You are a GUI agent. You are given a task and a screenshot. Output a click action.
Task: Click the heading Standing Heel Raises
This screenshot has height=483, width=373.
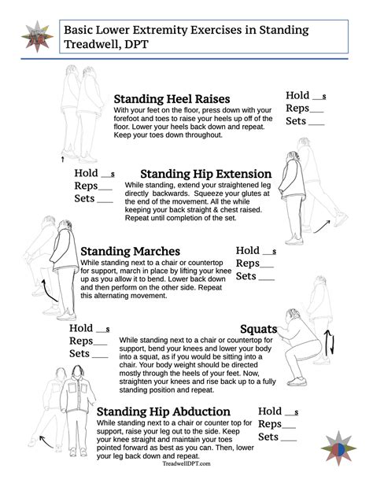click(172, 99)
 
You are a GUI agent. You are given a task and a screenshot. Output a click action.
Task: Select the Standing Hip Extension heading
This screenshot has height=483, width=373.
click(205, 174)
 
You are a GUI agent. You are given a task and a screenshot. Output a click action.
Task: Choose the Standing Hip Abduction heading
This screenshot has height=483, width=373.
click(164, 411)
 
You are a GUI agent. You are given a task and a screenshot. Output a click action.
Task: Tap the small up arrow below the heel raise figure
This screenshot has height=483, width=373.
click(62, 157)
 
